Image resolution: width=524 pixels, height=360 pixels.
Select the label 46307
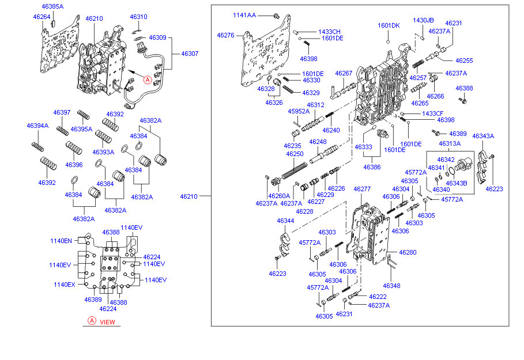click(190, 54)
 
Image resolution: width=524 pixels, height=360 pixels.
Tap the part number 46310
click(138, 17)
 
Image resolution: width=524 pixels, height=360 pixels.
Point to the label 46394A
click(37, 126)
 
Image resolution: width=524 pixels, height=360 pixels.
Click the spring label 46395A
click(81, 129)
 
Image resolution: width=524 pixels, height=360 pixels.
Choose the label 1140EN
click(61, 241)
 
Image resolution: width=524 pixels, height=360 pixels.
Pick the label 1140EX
click(64, 285)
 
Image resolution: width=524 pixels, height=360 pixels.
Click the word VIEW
click(108, 322)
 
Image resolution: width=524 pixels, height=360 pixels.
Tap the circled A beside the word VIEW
click(91, 321)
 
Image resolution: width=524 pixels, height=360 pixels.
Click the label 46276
click(225, 35)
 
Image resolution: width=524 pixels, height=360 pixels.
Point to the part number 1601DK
click(389, 25)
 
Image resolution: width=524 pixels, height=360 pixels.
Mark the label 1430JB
click(423, 20)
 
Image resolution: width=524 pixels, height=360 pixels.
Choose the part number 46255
click(464, 60)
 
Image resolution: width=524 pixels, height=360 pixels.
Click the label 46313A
click(450, 143)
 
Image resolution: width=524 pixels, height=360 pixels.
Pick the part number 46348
click(391, 286)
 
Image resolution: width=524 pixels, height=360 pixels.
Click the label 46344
click(285, 221)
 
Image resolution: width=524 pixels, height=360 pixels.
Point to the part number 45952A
click(299, 111)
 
